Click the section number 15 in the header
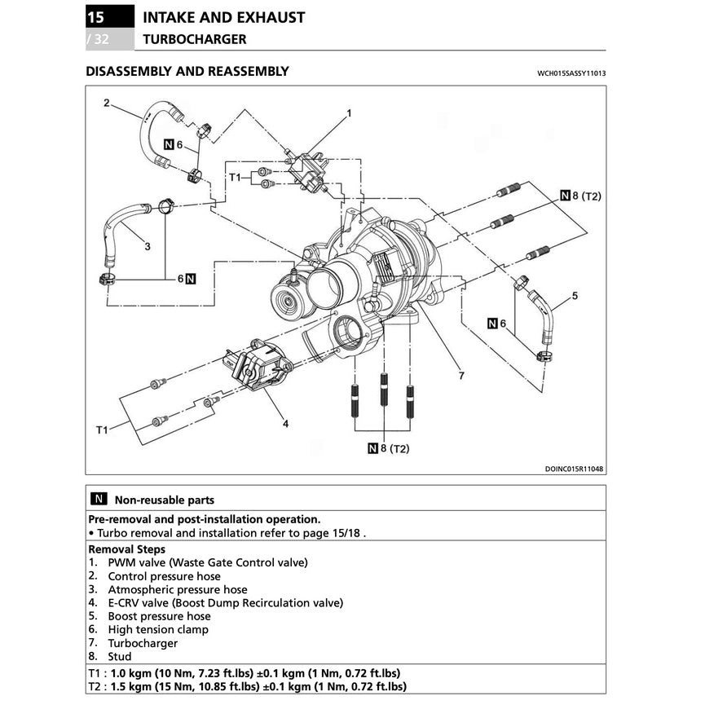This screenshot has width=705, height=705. [96, 17]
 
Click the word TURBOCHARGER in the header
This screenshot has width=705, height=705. [194, 38]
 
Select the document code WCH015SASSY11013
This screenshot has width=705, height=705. [571, 73]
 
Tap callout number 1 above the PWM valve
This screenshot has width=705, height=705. [348, 113]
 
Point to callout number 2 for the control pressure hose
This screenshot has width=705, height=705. [106, 103]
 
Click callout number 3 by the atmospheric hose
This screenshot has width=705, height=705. [147, 245]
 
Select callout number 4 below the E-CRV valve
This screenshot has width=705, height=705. [285, 423]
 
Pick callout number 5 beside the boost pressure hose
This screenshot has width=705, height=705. [575, 296]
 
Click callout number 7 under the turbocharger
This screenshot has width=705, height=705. [460, 376]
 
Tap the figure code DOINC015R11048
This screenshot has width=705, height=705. [580, 469]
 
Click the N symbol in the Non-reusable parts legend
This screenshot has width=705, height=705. [98, 500]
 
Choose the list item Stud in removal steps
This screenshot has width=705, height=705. [119, 656]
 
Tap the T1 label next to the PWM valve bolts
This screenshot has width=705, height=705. [235, 177]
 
